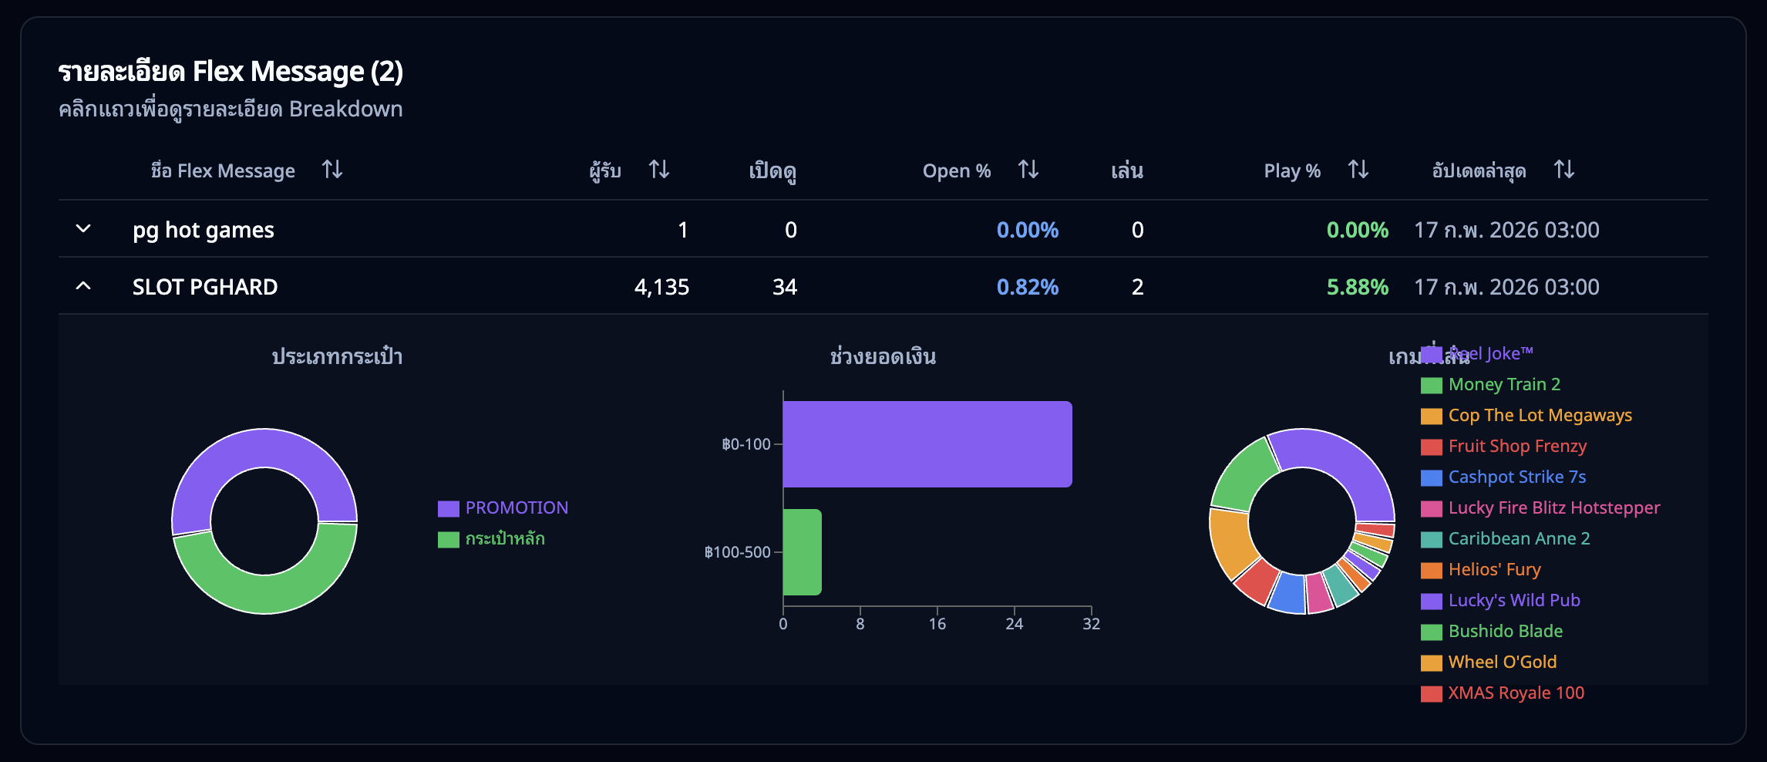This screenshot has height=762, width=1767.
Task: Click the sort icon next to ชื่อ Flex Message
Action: point(332,170)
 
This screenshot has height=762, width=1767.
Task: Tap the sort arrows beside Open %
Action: point(1028,170)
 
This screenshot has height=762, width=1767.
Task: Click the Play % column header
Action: point(1292,171)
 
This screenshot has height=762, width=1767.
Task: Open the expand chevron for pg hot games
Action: point(83,229)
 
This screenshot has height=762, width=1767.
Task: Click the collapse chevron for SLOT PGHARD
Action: point(83,286)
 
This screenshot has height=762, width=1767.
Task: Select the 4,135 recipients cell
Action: point(661,287)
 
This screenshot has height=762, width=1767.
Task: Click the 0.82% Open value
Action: point(1027,287)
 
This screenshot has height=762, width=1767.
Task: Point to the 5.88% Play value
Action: point(1357,287)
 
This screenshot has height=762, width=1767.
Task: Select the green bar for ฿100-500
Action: point(802,552)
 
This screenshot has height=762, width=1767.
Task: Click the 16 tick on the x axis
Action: point(937,624)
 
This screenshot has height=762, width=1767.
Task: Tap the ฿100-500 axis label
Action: point(737,552)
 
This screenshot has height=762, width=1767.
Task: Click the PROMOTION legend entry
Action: point(515,507)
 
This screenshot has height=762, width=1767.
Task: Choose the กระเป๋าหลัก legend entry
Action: point(504,538)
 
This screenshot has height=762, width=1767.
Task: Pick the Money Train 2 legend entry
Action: point(1503,384)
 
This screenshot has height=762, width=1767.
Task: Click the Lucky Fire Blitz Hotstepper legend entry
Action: point(1553,507)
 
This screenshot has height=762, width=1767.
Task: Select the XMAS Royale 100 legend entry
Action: point(1515,693)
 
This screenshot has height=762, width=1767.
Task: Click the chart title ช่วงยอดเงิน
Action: point(883,356)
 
